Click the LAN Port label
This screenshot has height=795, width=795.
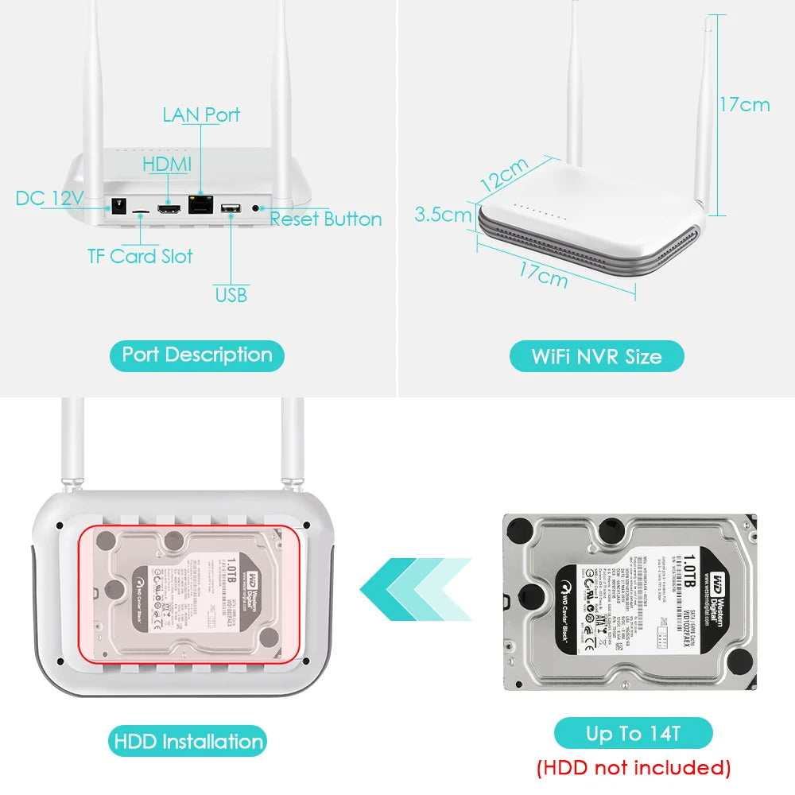point(200,115)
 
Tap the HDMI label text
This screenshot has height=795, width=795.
point(167,165)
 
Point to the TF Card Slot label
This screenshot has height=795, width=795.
point(140,256)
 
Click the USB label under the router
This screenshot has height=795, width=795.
point(231,295)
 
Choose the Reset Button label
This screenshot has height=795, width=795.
point(326,219)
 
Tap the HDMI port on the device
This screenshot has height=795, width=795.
point(169,209)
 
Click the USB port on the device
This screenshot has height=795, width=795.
point(231,209)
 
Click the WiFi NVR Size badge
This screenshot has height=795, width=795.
point(596,356)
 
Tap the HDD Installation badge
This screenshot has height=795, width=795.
point(188,742)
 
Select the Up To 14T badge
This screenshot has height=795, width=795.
point(633,733)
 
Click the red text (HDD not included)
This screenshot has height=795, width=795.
point(633,767)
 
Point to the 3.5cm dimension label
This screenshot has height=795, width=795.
point(443,215)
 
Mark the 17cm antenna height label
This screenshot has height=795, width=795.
point(745,104)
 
